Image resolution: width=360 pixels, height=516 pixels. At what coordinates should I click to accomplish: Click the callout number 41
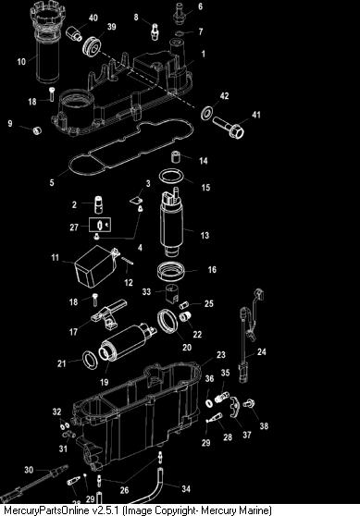[x=256, y=115]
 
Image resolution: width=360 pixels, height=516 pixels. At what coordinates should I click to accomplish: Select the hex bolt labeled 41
[x=229, y=128]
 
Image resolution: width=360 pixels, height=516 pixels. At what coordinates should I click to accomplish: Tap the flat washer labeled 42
[x=206, y=113]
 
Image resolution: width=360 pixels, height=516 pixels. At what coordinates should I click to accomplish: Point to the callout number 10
[x=21, y=62]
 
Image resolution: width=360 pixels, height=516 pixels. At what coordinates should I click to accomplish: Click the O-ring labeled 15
[x=170, y=177]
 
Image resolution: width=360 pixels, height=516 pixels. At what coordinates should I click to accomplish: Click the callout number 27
[x=74, y=227]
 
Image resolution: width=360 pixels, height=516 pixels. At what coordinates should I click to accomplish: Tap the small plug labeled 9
[x=37, y=130]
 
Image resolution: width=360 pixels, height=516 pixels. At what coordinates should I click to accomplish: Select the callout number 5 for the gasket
[x=52, y=182]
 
